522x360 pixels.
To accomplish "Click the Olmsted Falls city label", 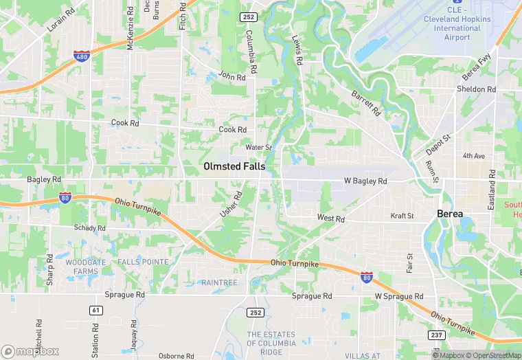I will (x=234, y=166).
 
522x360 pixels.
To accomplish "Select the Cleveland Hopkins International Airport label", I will (x=457, y=24).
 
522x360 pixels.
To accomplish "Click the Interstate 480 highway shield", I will (x=82, y=56).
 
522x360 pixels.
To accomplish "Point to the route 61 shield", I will (x=95, y=311).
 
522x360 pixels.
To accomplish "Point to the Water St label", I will (x=259, y=147).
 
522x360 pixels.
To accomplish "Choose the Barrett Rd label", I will (x=365, y=104).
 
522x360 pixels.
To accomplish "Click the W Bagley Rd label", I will (x=365, y=181).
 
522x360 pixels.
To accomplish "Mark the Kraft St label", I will (x=402, y=216).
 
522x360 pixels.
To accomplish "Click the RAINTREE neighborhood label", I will (x=219, y=282).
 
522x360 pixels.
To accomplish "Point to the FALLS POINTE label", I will (x=142, y=262).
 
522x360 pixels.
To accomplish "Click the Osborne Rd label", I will (x=177, y=356).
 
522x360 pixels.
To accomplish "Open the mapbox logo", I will (x=30, y=351).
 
